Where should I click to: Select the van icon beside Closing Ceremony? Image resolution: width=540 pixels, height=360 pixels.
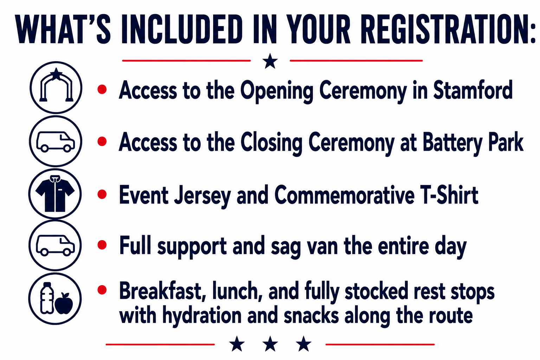[56, 142]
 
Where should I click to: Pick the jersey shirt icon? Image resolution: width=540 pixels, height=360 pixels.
[55, 194]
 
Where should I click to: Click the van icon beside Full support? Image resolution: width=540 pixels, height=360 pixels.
[55, 245]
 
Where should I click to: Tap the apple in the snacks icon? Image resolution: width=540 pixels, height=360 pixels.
[64, 304]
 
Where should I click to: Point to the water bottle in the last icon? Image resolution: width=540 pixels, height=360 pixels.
[47, 298]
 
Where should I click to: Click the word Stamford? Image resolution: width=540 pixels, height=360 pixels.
[473, 90]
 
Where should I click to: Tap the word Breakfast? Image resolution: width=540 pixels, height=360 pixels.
[163, 291]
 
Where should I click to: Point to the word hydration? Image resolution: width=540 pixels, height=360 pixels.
[202, 315]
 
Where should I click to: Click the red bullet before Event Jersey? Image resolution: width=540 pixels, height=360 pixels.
[102, 194]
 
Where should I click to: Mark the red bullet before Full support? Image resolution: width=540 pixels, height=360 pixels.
[102, 245]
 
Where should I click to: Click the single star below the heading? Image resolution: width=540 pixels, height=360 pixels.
[270, 61]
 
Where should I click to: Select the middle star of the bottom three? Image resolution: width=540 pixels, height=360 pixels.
[270, 343]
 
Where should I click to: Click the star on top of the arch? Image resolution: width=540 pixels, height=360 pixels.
[56, 74]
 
